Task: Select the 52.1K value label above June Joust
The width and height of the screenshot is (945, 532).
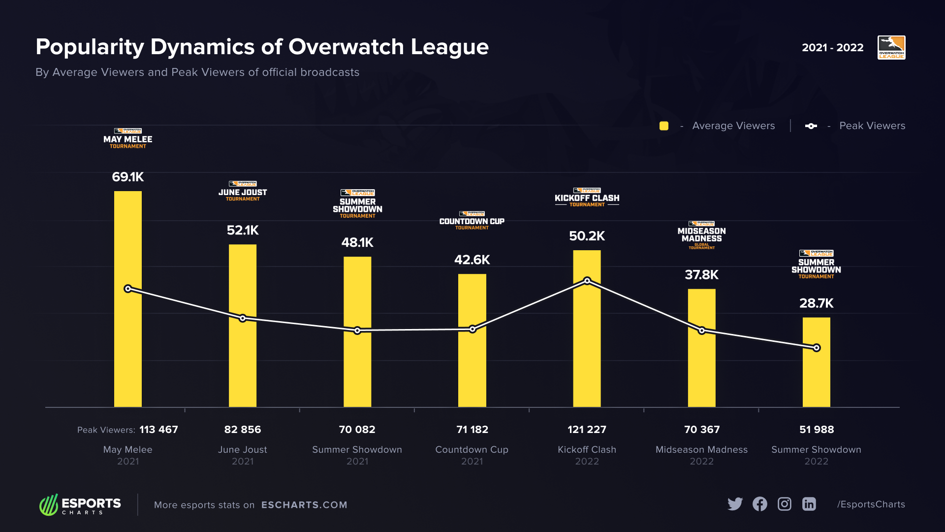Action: (x=243, y=231)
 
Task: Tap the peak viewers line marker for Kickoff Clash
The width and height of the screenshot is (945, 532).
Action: (x=587, y=281)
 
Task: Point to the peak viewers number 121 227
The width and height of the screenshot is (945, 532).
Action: (x=587, y=430)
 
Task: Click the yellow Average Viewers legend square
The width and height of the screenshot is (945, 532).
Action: (x=664, y=126)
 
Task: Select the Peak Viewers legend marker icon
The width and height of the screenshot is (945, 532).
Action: (x=811, y=126)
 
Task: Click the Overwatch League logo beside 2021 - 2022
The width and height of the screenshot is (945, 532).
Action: (x=891, y=48)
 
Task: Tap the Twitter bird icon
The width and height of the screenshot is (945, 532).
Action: (x=735, y=504)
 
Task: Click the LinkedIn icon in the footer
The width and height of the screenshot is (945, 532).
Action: (x=809, y=504)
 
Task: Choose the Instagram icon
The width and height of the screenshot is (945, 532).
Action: (x=785, y=504)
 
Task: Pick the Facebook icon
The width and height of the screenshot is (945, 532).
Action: (x=760, y=504)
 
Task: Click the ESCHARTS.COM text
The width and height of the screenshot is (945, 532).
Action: (x=304, y=505)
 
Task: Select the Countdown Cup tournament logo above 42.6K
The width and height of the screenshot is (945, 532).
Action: (x=472, y=220)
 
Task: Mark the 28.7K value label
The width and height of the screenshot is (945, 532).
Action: (x=816, y=303)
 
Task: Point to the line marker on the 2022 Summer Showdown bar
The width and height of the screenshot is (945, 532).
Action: (x=817, y=348)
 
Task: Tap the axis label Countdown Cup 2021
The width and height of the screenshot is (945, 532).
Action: (x=472, y=455)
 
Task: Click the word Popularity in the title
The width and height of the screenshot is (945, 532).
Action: (x=90, y=47)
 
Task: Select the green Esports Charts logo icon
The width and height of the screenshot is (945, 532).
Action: (x=49, y=505)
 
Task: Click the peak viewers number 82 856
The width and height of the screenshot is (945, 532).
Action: (x=243, y=430)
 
